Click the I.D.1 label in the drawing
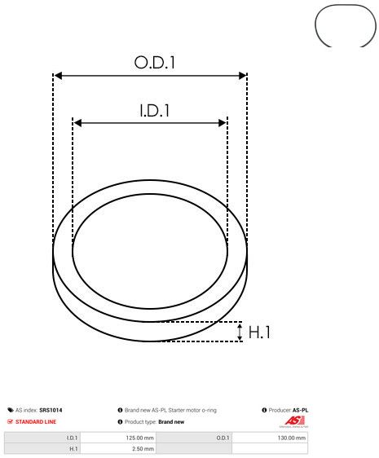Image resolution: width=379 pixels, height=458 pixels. click(150, 109)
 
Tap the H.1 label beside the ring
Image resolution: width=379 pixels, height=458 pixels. click(259, 332)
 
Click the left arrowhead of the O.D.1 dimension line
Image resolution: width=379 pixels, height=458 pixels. click(57, 76)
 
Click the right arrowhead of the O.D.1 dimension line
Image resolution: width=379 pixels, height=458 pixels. click(242, 76)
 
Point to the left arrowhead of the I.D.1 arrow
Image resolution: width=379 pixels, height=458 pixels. click(77, 123)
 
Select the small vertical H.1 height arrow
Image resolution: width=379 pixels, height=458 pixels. click(240, 332)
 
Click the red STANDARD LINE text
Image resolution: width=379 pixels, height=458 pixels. click(46, 422)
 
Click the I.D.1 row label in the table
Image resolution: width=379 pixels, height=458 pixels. click(73, 438)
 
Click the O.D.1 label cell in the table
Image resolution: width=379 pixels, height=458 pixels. click(224, 438)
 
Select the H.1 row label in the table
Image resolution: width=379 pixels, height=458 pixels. click(73, 448)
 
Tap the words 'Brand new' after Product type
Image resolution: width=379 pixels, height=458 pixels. click(171, 422)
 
